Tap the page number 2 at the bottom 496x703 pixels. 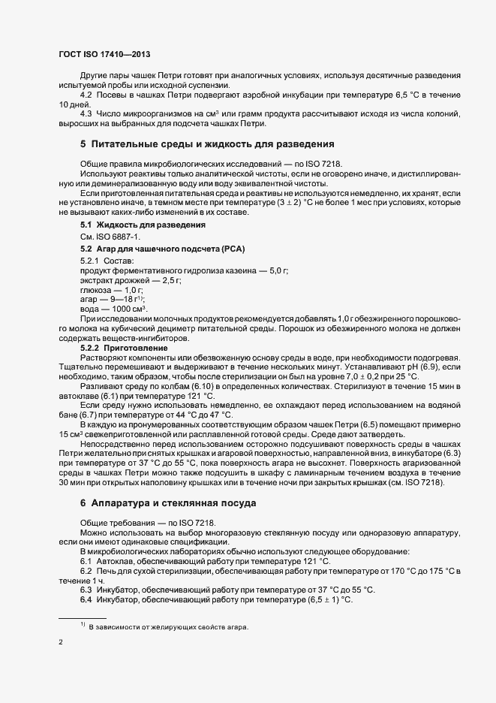coord(61,643)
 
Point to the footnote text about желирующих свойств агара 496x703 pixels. coord(168,627)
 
